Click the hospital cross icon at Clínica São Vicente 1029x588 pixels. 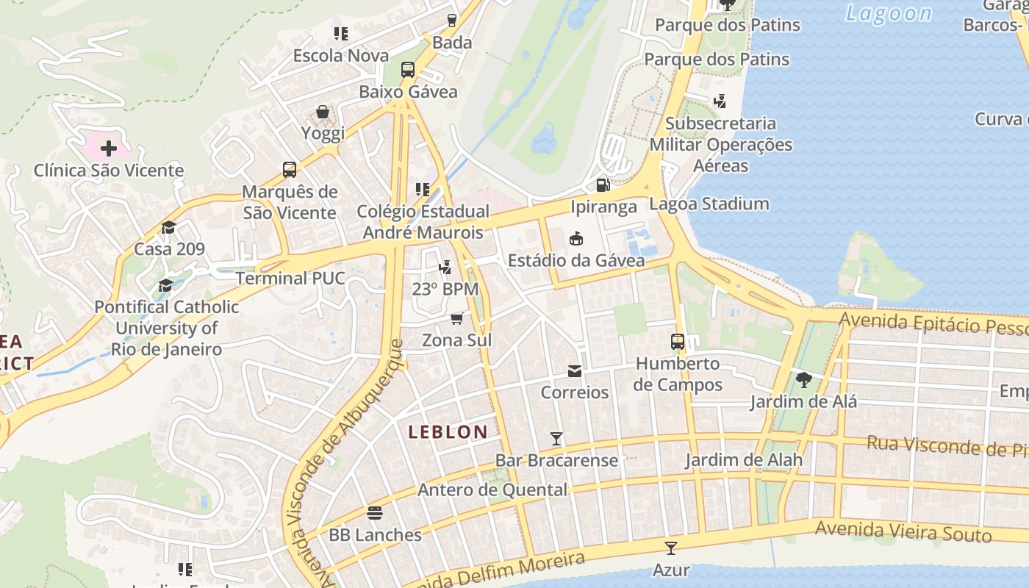tap(109, 148)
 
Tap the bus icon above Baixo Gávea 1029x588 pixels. tap(408, 70)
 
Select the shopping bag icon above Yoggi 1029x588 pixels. tap(323, 112)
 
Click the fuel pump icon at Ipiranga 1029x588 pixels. tap(603, 185)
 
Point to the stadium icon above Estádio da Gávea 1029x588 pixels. tap(576, 238)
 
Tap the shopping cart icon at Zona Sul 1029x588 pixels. tap(456, 318)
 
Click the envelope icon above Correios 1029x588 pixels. tap(575, 371)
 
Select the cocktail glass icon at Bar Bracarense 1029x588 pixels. tap(556, 439)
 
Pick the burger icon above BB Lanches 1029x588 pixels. tap(375, 512)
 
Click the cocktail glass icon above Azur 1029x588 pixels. tap(670, 548)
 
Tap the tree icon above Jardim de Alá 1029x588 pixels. tap(803, 380)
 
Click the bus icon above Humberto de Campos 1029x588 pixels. tap(678, 342)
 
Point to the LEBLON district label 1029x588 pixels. tap(448, 432)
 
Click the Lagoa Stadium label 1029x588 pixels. tap(709, 204)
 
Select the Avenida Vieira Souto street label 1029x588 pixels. tap(903, 531)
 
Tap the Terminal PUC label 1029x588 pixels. tap(290, 279)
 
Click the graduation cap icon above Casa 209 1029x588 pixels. tap(169, 227)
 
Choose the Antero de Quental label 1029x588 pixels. tap(492, 490)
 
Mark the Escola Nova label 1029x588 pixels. tap(341, 56)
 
